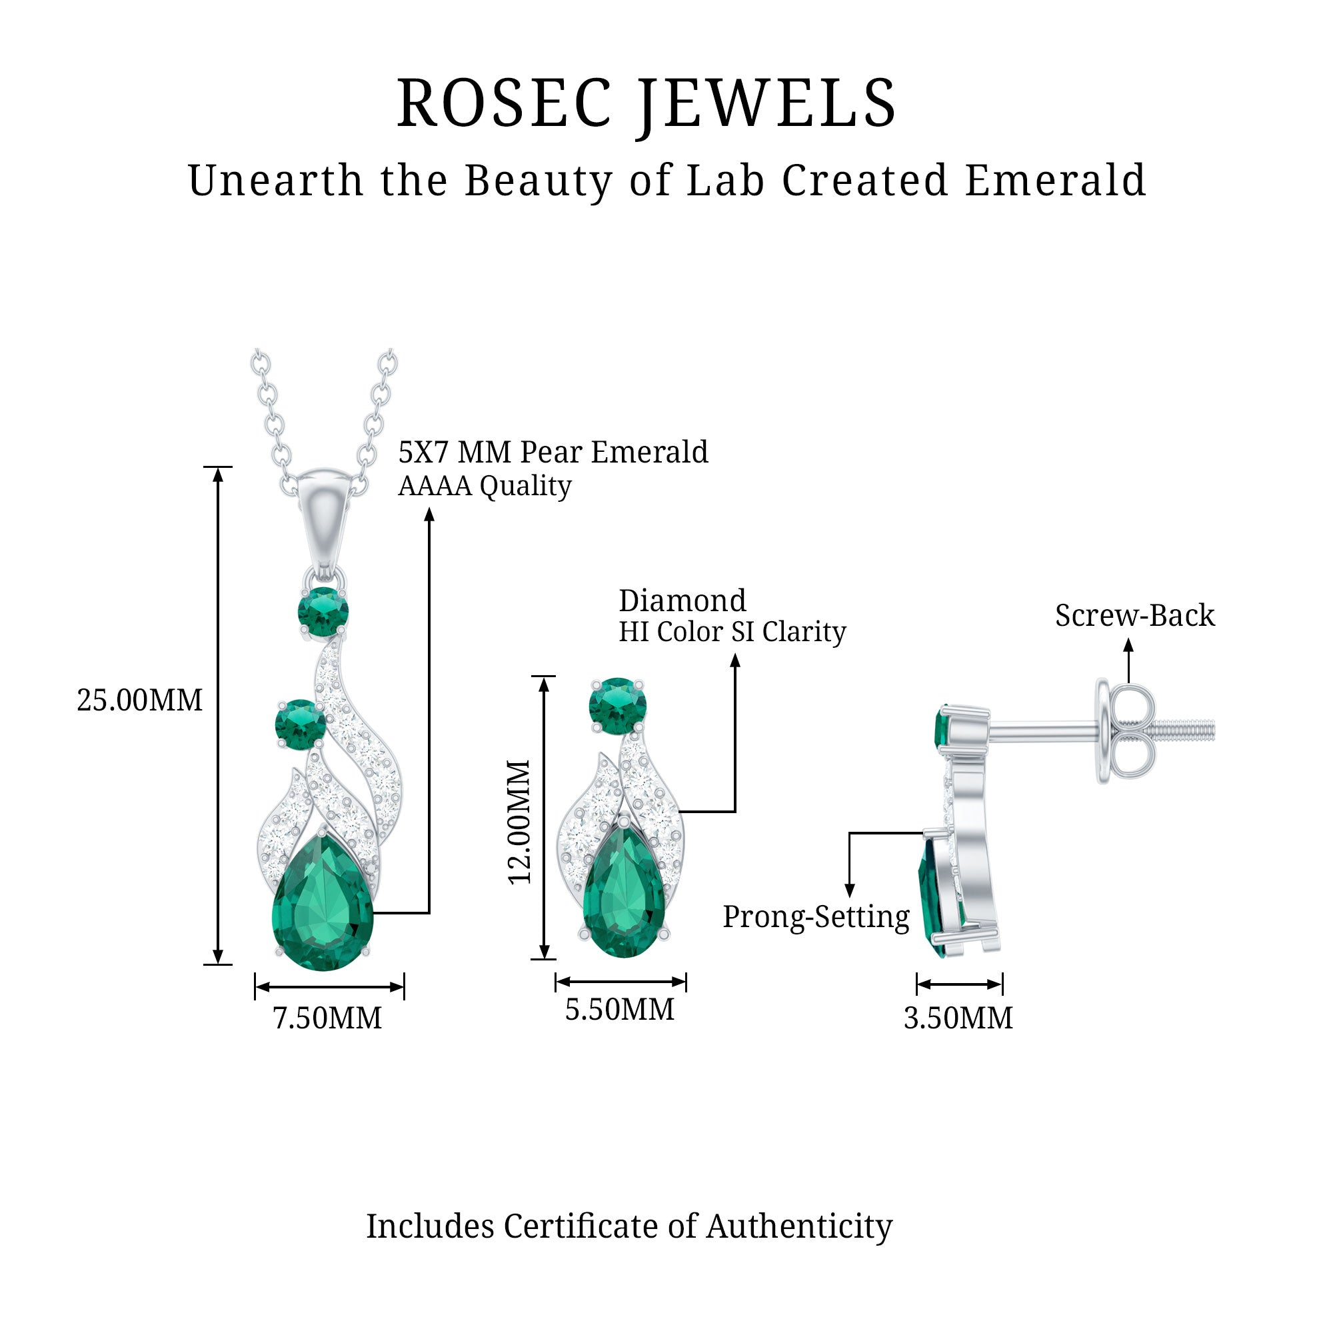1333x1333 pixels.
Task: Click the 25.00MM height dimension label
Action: click(139, 700)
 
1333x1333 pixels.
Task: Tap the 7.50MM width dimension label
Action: click(328, 1018)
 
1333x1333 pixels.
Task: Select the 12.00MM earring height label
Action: click(519, 822)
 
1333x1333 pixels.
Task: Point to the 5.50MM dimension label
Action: click(620, 1010)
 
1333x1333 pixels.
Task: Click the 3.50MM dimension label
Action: click(958, 1018)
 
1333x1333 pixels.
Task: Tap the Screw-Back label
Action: click(1135, 615)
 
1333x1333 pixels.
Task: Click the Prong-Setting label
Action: click(816, 917)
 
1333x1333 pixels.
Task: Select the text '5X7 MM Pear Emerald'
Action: click(553, 452)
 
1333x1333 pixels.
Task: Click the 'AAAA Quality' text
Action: click(485, 487)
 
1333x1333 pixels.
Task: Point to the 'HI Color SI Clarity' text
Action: click(732, 632)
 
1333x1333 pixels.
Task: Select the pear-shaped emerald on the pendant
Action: click(323, 900)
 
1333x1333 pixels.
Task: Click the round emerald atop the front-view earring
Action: click(618, 706)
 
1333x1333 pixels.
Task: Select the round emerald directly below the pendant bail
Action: click(323, 612)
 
